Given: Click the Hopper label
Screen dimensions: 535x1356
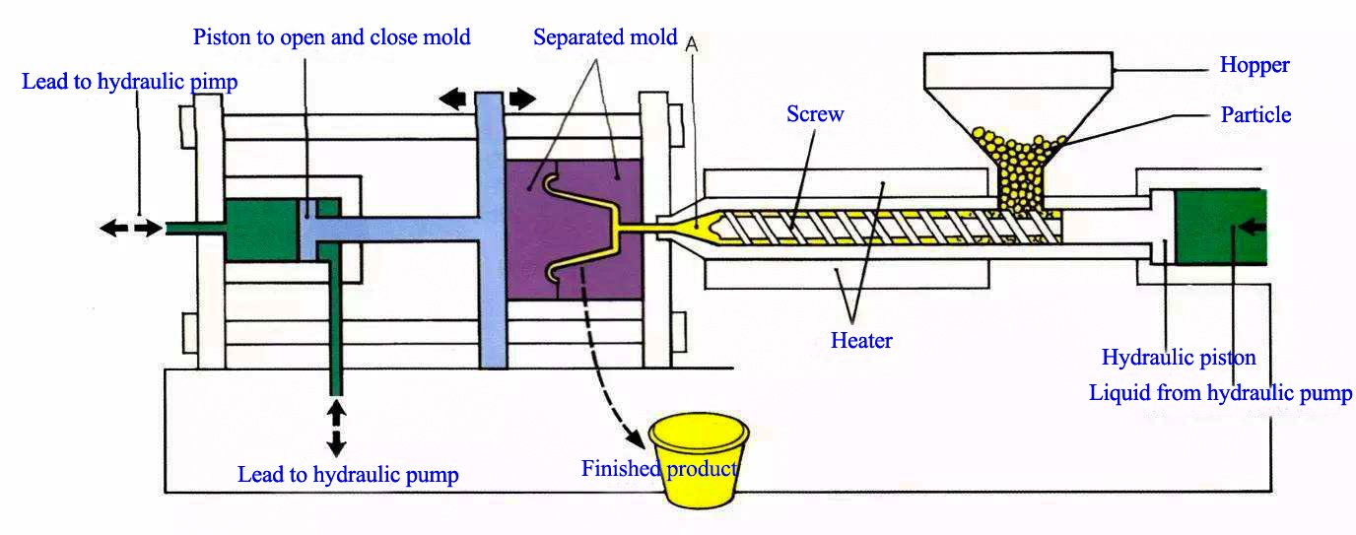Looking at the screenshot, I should pyautogui.click(x=1254, y=66).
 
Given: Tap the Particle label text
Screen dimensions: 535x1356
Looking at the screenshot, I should pyautogui.click(x=1255, y=115).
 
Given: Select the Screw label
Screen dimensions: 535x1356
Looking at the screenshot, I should pyautogui.click(x=815, y=114).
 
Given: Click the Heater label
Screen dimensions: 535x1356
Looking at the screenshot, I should pyautogui.click(x=861, y=341).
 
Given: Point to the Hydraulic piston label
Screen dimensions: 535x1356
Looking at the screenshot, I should pyautogui.click(x=1179, y=358).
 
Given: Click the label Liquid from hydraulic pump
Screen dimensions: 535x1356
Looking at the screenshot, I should pyautogui.click(x=1220, y=393).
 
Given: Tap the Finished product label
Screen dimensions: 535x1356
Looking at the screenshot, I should pyautogui.click(x=658, y=468).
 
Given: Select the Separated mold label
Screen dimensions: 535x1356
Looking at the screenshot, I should pyautogui.click(x=605, y=38).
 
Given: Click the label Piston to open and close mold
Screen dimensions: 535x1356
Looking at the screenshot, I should pyautogui.click(x=331, y=38).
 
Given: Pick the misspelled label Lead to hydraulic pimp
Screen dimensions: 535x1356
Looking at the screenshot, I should pyautogui.click(x=129, y=82).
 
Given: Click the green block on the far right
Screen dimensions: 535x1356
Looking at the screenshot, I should pyautogui.click(x=1220, y=227).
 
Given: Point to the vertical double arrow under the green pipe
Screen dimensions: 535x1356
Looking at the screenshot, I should pyautogui.click(x=336, y=425).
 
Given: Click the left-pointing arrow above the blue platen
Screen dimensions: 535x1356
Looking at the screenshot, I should pyautogui.click(x=454, y=99).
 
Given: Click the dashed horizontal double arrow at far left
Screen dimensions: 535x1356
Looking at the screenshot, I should pyautogui.click(x=130, y=229).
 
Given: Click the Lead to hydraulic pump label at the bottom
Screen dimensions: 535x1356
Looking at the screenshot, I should pyautogui.click(x=348, y=475).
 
